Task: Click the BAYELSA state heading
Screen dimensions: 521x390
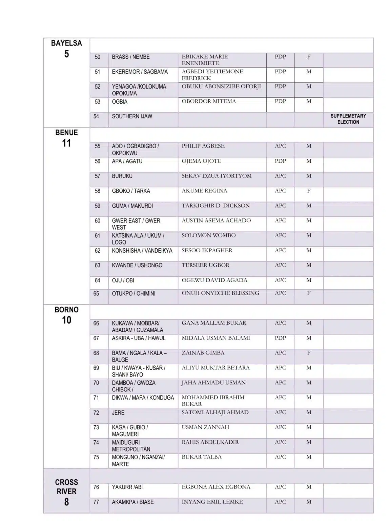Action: tap(66, 43)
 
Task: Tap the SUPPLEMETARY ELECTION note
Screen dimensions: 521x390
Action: tap(348, 119)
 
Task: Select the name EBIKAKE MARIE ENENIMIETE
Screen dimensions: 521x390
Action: tap(205, 60)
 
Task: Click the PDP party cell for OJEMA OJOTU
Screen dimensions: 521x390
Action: tap(280, 161)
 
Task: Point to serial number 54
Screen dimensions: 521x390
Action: tap(96, 116)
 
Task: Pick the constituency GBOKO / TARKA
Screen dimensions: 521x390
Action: tap(131, 191)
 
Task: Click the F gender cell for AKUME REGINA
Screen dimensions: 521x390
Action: tap(309, 191)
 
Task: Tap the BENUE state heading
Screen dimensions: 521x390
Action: tap(66, 133)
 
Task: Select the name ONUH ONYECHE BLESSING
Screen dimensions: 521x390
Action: tap(220, 293)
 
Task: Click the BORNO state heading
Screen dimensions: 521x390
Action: tap(66, 310)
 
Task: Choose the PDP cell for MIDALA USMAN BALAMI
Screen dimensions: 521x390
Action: tap(280, 338)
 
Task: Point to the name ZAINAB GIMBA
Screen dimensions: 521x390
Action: tap(203, 353)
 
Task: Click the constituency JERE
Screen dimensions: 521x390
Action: tap(118, 413)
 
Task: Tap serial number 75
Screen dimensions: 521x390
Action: tap(96, 457)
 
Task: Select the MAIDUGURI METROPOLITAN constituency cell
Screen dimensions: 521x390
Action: tap(131, 446)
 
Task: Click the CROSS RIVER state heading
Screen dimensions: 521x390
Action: tap(66, 487)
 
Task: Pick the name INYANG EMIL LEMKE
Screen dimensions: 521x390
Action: tap(212, 502)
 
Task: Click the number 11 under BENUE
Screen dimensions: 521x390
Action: tap(66, 143)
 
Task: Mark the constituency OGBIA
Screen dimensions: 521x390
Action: tap(120, 102)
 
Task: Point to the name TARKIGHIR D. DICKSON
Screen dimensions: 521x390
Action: tap(215, 206)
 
